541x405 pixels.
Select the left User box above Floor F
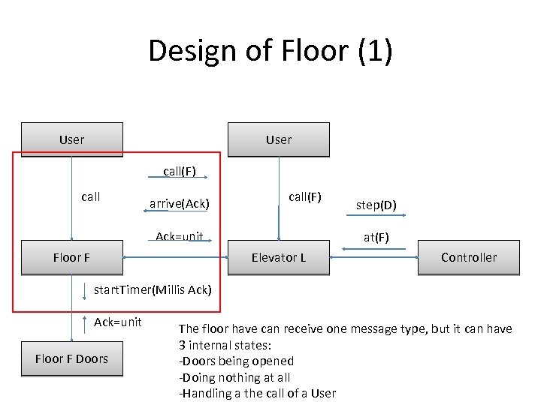pos(72,139)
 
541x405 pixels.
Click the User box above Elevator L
pos(278,139)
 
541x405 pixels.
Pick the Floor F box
pos(72,257)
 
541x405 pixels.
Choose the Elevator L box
pos(278,257)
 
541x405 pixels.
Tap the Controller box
pos(468,257)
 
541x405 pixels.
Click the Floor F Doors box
pos(72,358)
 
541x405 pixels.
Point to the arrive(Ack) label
pos(179,203)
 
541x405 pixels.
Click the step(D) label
pos(376,205)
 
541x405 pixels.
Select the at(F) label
pos(376,238)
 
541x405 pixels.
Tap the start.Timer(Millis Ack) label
pos(153,290)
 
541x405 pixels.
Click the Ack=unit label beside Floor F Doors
pos(117,322)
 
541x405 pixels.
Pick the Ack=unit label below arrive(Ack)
pos(179,237)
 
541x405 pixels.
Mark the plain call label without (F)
pos(90,196)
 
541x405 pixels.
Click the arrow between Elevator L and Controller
pos(374,257)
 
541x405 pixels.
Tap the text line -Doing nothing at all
pos(234,377)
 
